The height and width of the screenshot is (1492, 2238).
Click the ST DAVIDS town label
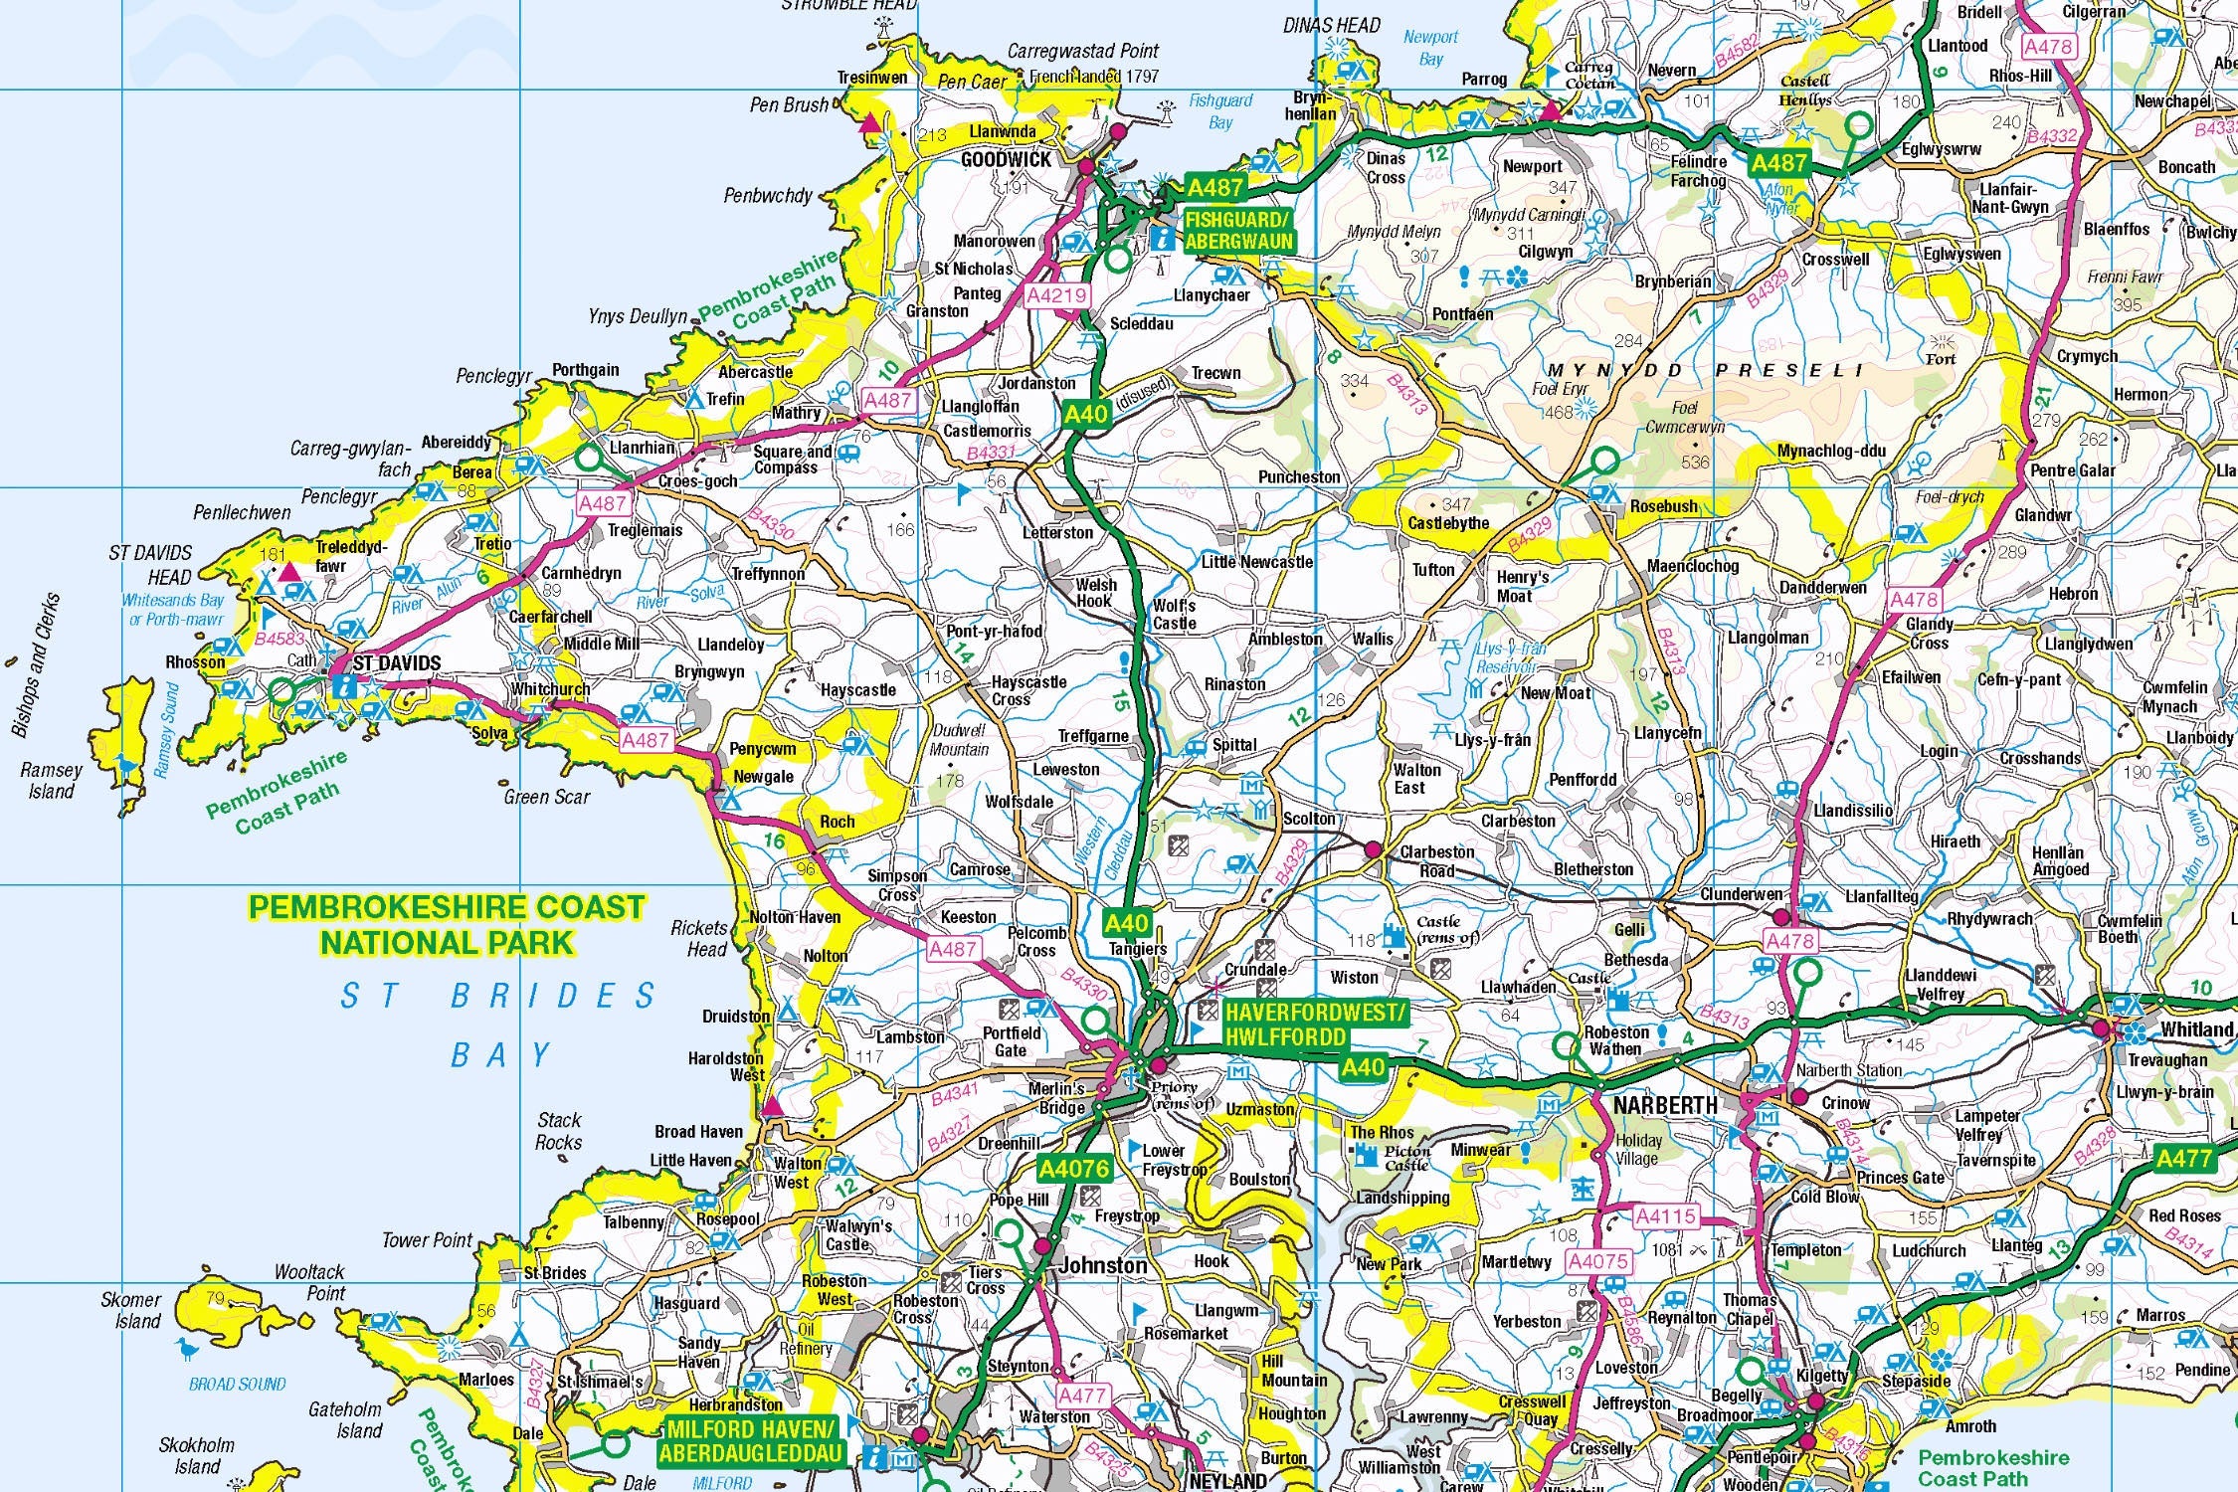[x=396, y=663]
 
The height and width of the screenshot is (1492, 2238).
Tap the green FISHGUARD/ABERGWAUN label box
[x=1238, y=230]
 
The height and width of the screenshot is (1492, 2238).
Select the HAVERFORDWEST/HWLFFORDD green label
[x=1315, y=1025]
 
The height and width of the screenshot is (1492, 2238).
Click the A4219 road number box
[x=1057, y=295]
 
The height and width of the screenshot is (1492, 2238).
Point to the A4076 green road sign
[x=1073, y=1168]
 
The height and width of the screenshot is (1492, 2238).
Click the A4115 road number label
[x=1665, y=1215]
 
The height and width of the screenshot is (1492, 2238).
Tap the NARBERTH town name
[x=1664, y=1105]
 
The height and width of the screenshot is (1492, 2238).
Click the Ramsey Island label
[x=52, y=781]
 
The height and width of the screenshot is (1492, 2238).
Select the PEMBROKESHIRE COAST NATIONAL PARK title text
[x=447, y=924]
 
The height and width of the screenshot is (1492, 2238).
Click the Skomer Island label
[x=130, y=1310]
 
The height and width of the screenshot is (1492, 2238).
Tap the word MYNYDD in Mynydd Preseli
[x=1616, y=370]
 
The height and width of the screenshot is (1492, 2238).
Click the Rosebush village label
[x=1663, y=506]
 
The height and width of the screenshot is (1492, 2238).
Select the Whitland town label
[x=2196, y=1029]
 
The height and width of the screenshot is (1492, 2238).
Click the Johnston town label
[x=1103, y=1265]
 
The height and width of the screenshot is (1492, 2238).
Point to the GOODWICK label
[x=1006, y=159]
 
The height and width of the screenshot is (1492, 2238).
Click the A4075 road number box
[x=1597, y=1261]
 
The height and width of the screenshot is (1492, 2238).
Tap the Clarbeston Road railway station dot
[x=1373, y=849]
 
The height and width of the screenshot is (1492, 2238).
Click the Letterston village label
[x=1057, y=533]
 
